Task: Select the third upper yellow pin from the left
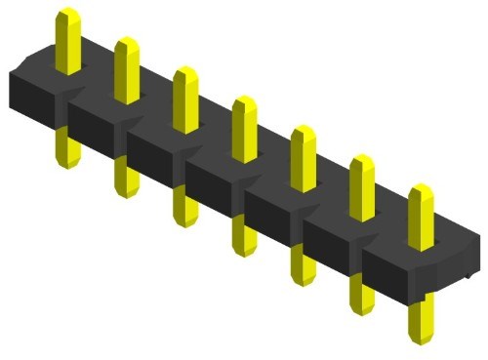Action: point(184,99)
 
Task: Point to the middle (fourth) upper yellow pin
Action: point(244,128)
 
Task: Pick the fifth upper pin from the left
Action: point(303,157)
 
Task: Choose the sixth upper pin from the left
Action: point(361,185)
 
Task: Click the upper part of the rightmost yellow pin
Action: point(421,215)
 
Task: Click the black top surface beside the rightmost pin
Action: point(454,239)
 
